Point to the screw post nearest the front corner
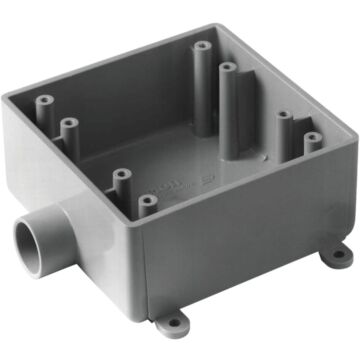148,203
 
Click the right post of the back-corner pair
228,69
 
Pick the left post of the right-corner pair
285,117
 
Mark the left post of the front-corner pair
121,176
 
